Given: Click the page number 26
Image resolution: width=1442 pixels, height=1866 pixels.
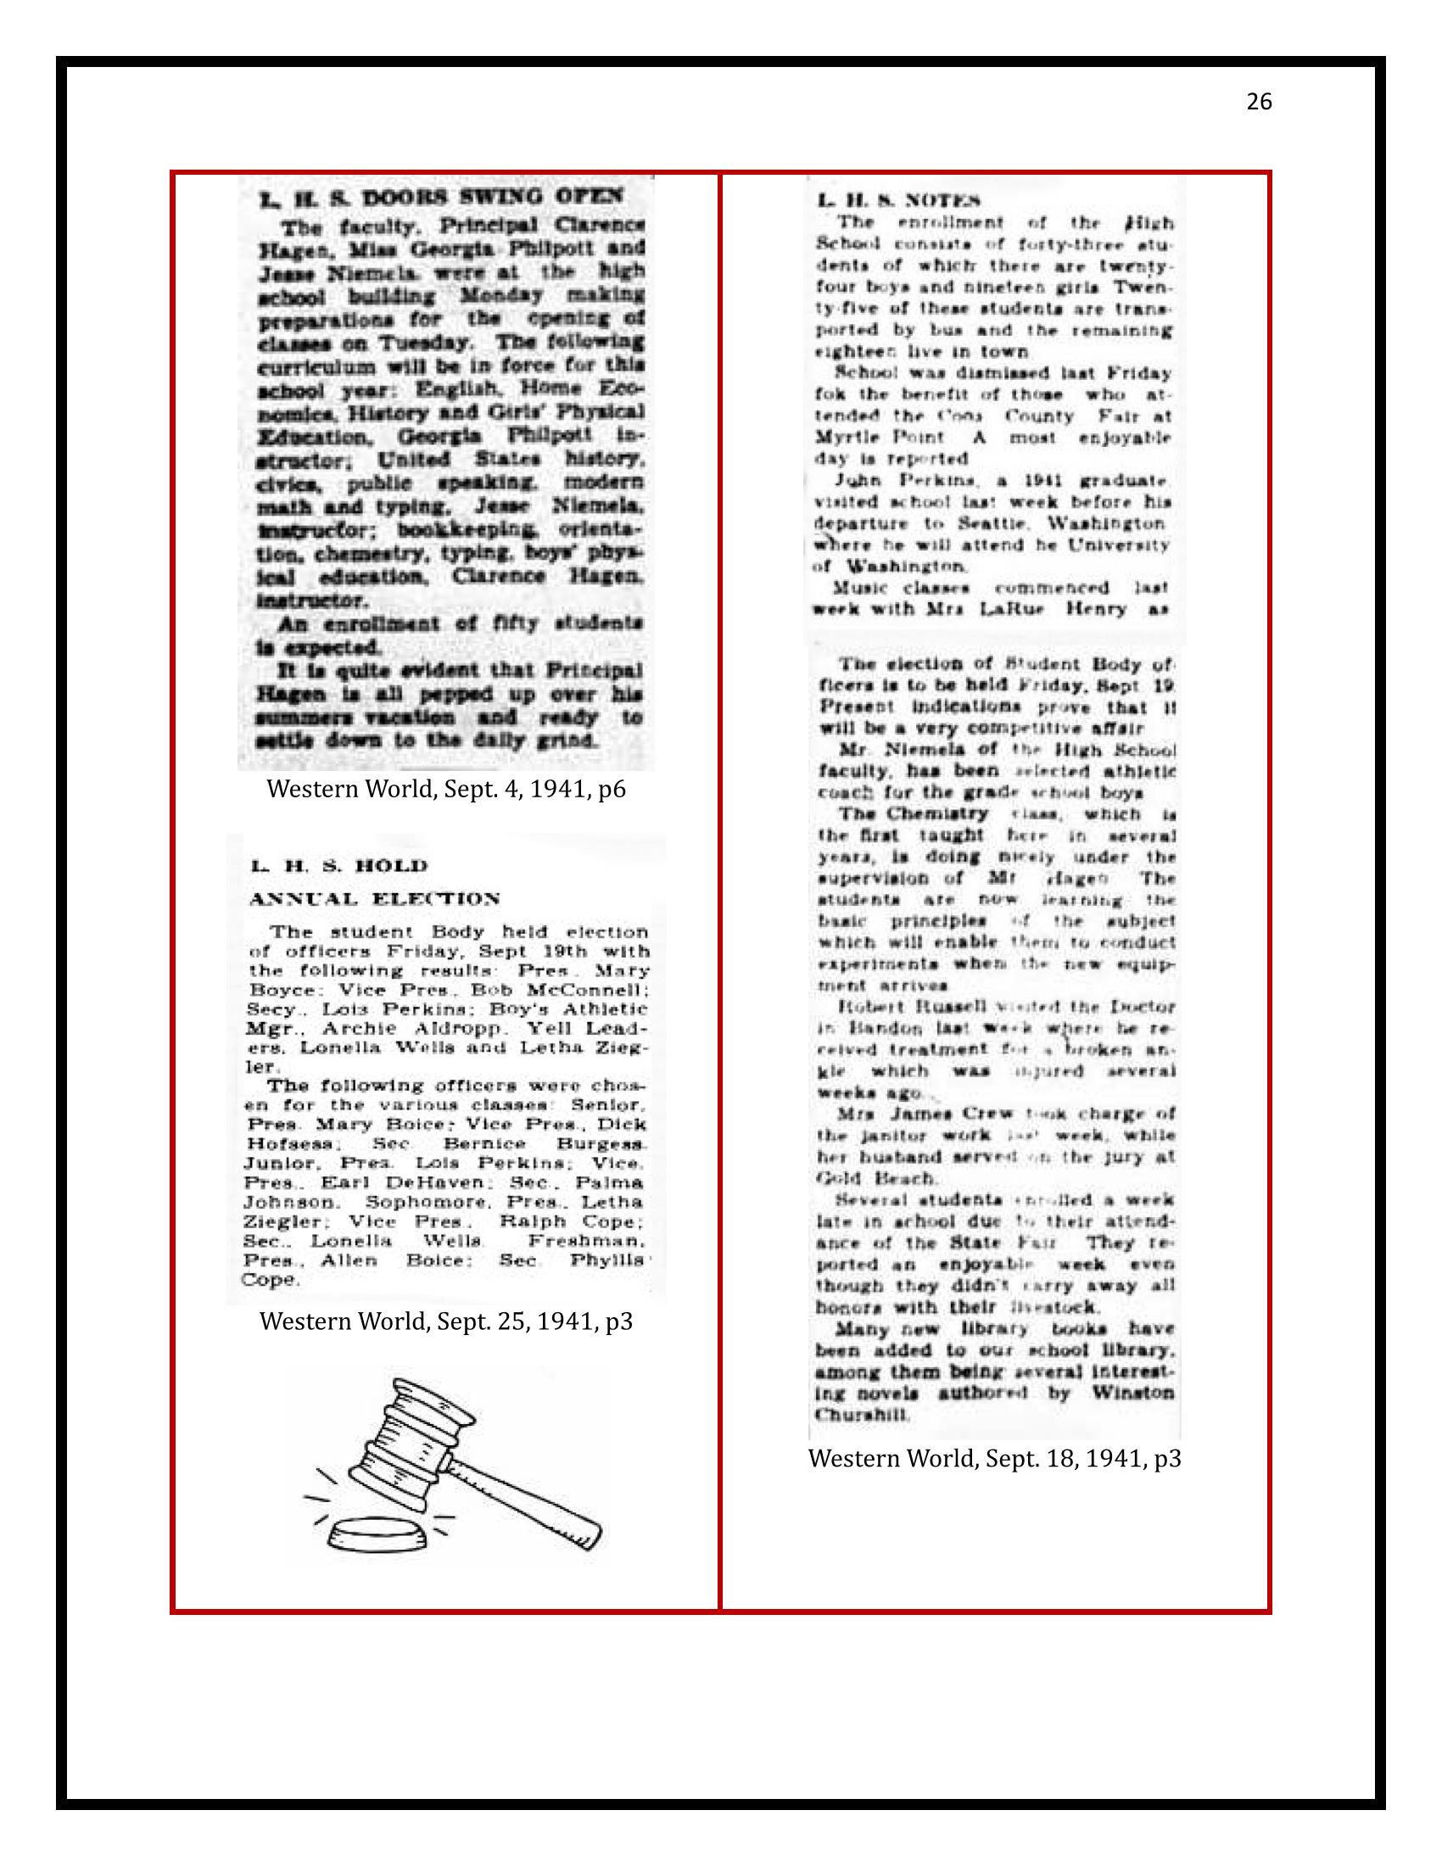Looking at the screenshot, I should pyautogui.click(x=1259, y=103).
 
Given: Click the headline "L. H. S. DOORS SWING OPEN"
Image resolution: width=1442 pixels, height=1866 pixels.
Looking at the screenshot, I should pyautogui.click(x=442, y=198).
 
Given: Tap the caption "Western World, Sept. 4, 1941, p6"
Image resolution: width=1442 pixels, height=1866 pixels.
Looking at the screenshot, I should pyautogui.click(x=446, y=789).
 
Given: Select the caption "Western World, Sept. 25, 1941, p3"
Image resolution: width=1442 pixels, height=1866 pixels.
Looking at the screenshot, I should pyautogui.click(x=446, y=1321).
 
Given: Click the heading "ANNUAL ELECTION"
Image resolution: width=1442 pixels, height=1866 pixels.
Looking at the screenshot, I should pyautogui.click(x=374, y=898).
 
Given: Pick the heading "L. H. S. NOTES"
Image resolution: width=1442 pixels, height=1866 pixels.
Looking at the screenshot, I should pyautogui.click(x=897, y=202).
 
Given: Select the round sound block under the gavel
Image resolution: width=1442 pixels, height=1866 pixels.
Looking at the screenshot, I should pyautogui.click(x=377, y=1534).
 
